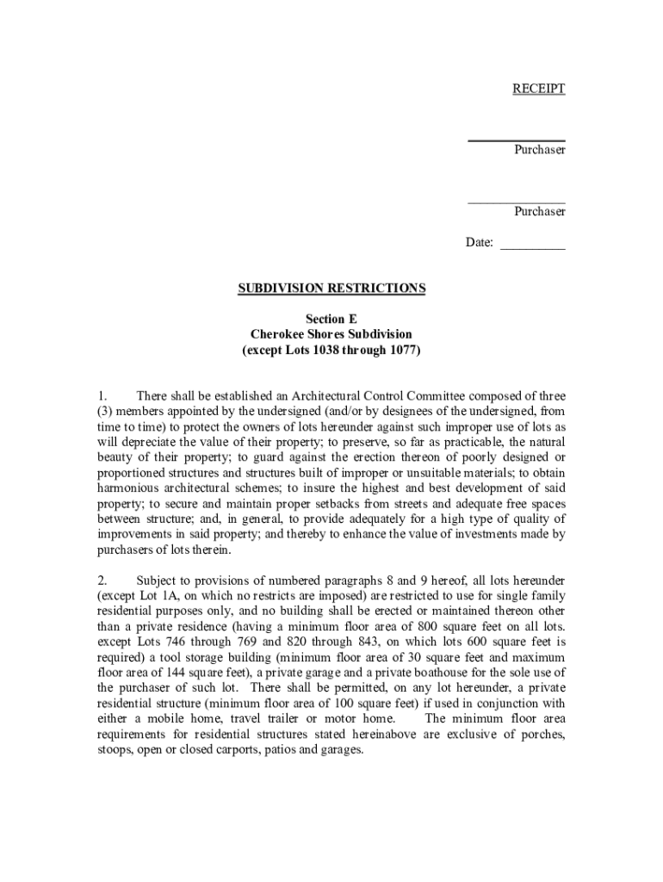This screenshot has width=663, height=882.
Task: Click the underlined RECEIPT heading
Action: [539, 89]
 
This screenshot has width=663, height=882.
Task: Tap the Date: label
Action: [480, 243]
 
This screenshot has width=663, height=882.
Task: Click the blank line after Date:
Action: [532, 245]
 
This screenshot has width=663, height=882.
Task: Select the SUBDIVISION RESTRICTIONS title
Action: [331, 289]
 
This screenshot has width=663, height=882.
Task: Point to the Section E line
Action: [331, 319]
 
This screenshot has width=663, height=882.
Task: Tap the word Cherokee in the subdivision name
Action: [276, 334]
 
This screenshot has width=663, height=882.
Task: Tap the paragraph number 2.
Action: [101, 580]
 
